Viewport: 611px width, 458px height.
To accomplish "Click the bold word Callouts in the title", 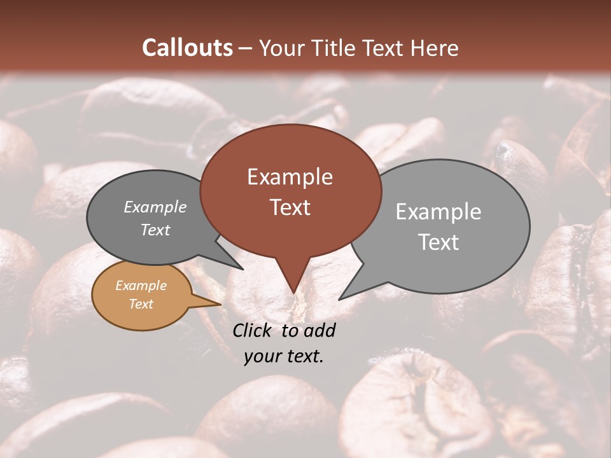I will tap(187, 48).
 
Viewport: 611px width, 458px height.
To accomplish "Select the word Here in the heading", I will tap(435, 48).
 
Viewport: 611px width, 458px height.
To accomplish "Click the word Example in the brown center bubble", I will tap(290, 177).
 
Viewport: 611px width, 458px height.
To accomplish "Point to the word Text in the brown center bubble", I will tap(290, 207).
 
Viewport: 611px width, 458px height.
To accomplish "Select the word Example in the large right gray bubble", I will tap(438, 212).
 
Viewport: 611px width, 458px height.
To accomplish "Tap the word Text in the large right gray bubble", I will tap(438, 242).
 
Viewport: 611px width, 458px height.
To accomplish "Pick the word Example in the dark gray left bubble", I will tap(155, 207).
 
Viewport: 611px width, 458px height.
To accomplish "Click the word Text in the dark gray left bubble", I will tap(155, 230).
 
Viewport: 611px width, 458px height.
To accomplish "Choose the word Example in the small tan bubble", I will tap(141, 286).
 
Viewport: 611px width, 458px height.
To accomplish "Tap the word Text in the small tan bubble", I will tap(141, 304).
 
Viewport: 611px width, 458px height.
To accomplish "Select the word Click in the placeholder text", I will tap(253, 330).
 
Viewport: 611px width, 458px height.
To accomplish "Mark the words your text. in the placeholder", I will tap(284, 356).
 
